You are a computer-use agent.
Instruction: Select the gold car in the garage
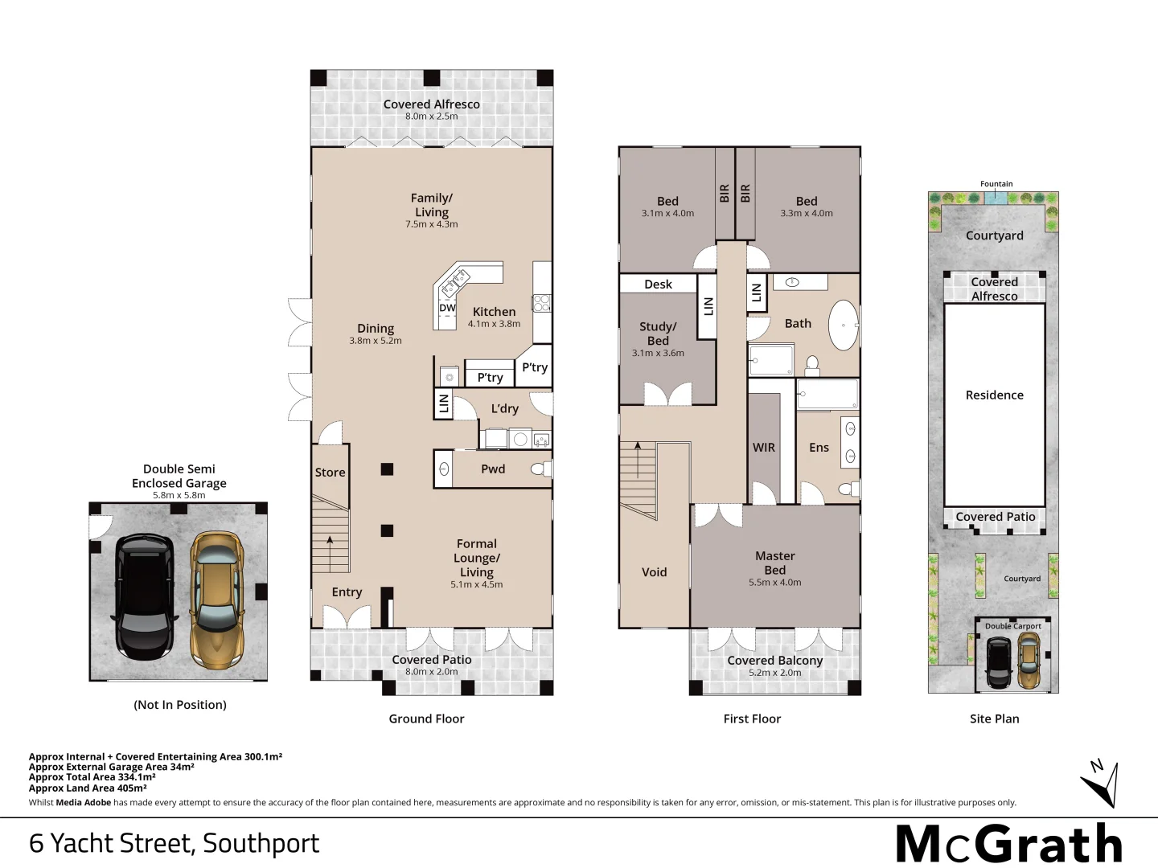click(x=216, y=599)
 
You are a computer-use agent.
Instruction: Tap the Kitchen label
click(x=494, y=312)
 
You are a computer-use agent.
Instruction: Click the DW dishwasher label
click(x=447, y=308)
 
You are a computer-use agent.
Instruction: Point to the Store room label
click(x=330, y=473)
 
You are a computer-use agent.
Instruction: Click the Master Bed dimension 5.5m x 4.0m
click(x=774, y=583)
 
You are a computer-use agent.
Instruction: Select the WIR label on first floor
click(x=764, y=448)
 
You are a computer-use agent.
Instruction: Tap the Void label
click(x=654, y=572)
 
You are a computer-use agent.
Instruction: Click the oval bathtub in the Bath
click(x=844, y=325)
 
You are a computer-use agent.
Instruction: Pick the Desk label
click(x=658, y=285)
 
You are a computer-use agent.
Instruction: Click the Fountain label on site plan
click(x=996, y=184)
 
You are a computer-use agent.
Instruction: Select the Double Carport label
click(x=1012, y=626)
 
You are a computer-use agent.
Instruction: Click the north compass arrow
click(x=1101, y=784)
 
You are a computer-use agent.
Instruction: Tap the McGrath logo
click(x=1009, y=844)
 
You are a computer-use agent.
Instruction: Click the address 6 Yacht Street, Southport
click(x=174, y=843)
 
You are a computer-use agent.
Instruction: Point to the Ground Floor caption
click(x=426, y=719)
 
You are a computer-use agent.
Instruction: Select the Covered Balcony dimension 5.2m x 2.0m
click(x=774, y=673)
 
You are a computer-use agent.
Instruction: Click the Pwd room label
click(x=493, y=469)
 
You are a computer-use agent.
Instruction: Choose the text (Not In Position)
click(x=179, y=705)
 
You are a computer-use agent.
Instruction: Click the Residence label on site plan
click(x=994, y=395)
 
